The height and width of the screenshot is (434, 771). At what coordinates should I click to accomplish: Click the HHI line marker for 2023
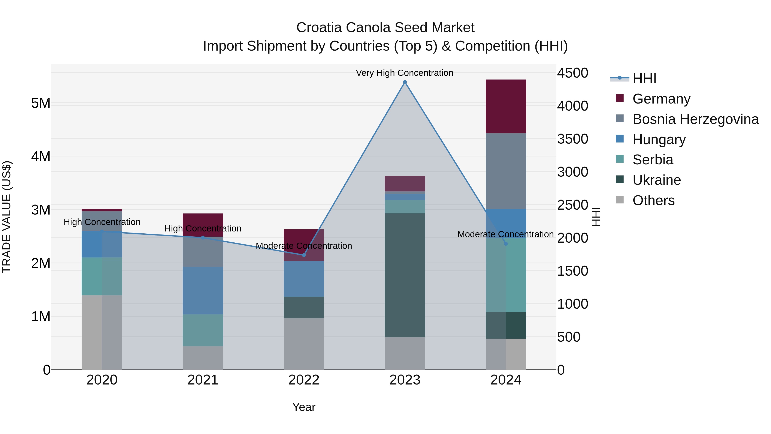tap(405, 82)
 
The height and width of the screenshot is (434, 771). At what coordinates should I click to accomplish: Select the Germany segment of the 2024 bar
tap(506, 106)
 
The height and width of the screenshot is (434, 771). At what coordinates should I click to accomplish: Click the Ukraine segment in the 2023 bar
tap(405, 275)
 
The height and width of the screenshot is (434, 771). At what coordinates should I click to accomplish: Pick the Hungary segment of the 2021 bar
tap(203, 291)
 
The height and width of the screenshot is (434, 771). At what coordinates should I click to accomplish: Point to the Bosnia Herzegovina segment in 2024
tap(506, 171)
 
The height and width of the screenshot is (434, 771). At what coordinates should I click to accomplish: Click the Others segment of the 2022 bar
tap(304, 344)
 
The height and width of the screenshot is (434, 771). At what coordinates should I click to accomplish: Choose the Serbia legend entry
tap(653, 160)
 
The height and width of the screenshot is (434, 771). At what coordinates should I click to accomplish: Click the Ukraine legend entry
tap(656, 180)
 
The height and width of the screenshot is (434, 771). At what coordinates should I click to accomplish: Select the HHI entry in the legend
tap(644, 78)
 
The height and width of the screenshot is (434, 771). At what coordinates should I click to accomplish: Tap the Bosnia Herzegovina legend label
tap(695, 119)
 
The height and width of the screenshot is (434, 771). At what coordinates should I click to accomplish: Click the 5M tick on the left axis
tap(41, 103)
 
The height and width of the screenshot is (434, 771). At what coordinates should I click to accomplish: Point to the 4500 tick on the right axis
tap(572, 73)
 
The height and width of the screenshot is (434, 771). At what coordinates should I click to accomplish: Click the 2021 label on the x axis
tap(203, 380)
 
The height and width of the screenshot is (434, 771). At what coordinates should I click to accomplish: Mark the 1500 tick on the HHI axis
tap(572, 271)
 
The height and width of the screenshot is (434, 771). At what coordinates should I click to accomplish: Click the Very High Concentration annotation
tap(404, 73)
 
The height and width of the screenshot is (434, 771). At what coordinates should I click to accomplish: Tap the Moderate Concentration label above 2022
tap(304, 246)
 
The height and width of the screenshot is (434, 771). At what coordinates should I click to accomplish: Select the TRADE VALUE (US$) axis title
tap(7, 217)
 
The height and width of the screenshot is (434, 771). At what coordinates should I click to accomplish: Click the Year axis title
tap(304, 407)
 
